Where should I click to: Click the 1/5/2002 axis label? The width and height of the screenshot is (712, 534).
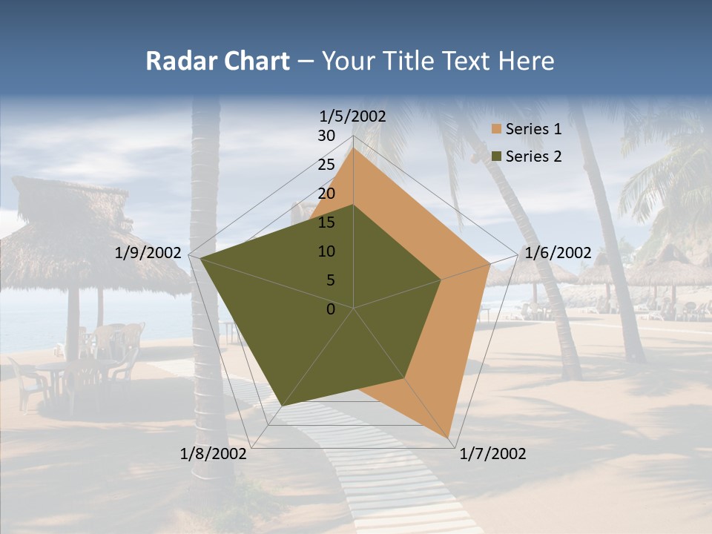tap(353, 116)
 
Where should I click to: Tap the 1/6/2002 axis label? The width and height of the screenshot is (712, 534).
tap(558, 253)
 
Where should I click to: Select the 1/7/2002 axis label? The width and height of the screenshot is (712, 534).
tap(492, 454)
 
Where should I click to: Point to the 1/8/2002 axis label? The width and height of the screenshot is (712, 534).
tap(214, 454)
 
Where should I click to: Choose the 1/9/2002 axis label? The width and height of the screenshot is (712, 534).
tap(148, 253)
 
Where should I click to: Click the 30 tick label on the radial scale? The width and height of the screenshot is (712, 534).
tap(326, 136)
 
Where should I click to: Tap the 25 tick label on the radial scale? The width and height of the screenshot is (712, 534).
tap(326, 165)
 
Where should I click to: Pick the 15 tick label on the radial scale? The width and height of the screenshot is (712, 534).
tap(326, 222)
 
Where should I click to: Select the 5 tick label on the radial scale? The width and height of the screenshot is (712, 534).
tap(331, 280)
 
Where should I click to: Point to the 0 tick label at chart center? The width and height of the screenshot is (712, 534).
tap(331, 309)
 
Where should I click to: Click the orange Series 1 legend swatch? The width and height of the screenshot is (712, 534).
tap(497, 130)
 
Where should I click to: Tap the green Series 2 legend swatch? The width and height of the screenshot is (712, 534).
tap(497, 156)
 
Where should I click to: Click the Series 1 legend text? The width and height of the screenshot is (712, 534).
tap(533, 130)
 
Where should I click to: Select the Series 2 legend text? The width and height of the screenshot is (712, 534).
tap(533, 156)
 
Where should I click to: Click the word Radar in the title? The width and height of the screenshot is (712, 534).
tap(177, 62)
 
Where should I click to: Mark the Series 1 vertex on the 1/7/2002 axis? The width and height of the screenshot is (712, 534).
tap(449, 437)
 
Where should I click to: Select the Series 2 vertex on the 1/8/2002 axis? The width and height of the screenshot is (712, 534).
tap(283, 405)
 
